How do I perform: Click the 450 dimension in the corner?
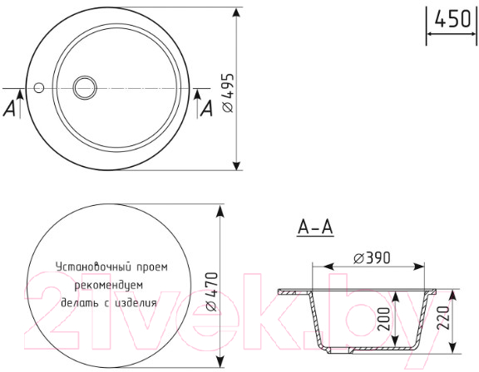(452, 19)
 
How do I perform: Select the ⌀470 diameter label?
(212, 291)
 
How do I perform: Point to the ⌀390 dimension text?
(372, 258)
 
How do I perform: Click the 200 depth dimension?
(383, 319)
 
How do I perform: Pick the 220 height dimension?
(442, 318)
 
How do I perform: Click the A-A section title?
(315, 228)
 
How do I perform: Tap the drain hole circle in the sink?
(85, 87)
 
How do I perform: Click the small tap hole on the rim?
(39, 88)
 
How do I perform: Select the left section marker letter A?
(9, 109)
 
